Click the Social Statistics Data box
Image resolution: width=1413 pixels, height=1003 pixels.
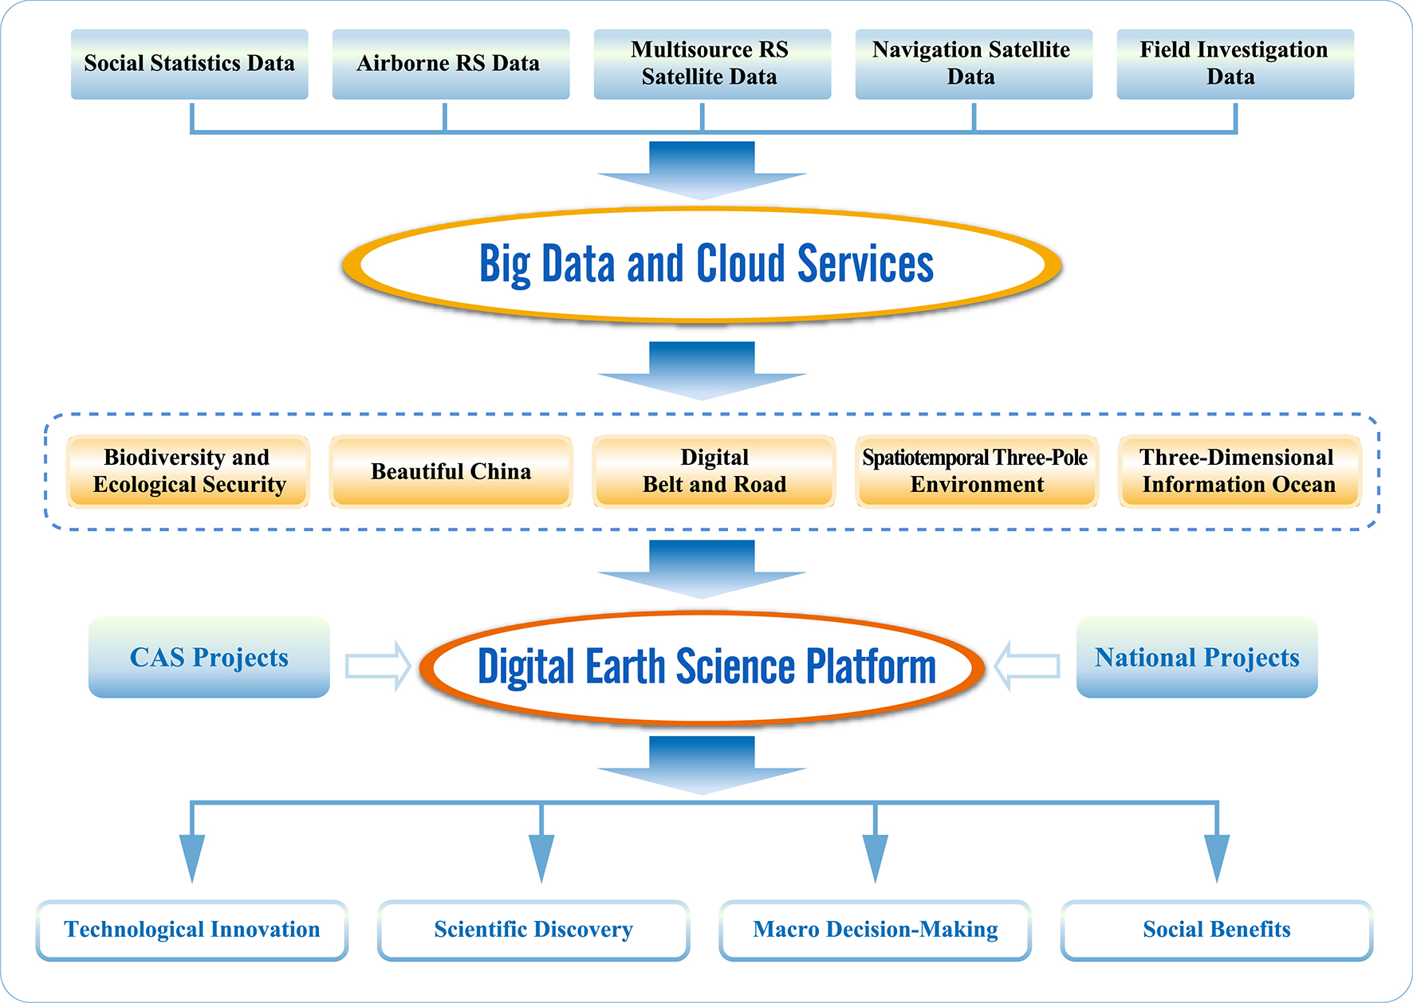(x=189, y=64)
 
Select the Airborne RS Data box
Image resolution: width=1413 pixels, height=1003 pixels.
(x=451, y=64)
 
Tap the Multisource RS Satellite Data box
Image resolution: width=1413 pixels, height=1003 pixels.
(x=712, y=64)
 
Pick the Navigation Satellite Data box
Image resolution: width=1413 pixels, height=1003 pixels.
(x=974, y=64)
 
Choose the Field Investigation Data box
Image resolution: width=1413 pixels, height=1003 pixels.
(x=1235, y=64)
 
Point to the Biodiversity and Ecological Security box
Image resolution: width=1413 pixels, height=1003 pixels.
(x=188, y=471)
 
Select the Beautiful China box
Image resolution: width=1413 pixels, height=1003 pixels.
(x=451, y=471)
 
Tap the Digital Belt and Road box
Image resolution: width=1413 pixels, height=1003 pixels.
(x=714, y=471)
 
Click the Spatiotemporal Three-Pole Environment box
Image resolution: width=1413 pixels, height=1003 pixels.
(x=976, y=471)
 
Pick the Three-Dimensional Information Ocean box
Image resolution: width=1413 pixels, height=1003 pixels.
(x=1239, y=471)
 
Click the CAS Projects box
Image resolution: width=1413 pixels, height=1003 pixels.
(x=209, y=657)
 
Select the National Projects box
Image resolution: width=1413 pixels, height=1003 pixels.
(x=1197, y=657)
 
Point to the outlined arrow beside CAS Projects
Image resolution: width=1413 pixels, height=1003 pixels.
(x=377, y=666)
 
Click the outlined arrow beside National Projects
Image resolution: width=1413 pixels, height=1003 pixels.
(x=1028, y=666)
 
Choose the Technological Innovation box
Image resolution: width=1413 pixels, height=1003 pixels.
(x=192, y=930)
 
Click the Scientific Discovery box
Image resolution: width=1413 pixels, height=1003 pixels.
(x=533, y=930)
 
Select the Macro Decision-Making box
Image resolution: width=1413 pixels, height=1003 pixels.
(x=875, y=930)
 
